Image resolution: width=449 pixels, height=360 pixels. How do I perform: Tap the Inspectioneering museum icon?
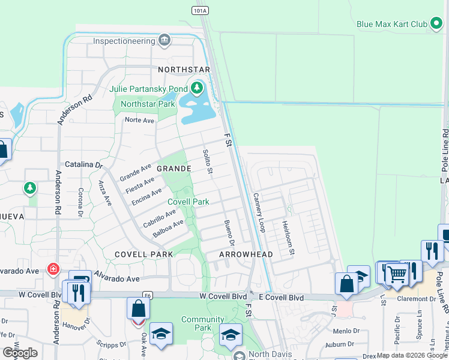(x=164, y=41)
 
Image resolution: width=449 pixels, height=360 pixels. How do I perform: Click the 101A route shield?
(x=201, y=10)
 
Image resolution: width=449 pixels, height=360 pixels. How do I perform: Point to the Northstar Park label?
(x=147, y=104)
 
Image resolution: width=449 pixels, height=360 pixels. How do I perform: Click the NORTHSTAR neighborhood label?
(x=184, y=70)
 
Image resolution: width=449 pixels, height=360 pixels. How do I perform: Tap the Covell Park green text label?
(x=188, y=202)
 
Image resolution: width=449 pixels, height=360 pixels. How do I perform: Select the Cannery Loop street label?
(x=259, y=213)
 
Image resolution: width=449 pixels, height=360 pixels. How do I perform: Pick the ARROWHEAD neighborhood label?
(x=246, y=254)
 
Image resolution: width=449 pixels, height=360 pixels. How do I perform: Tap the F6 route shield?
(x=147, y=295)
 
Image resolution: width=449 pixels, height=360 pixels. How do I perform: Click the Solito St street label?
(x=208, y=163)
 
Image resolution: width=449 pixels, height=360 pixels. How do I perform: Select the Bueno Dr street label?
(x=229, y=232)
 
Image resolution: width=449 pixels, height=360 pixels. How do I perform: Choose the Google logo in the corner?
(x=20, y=353)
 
